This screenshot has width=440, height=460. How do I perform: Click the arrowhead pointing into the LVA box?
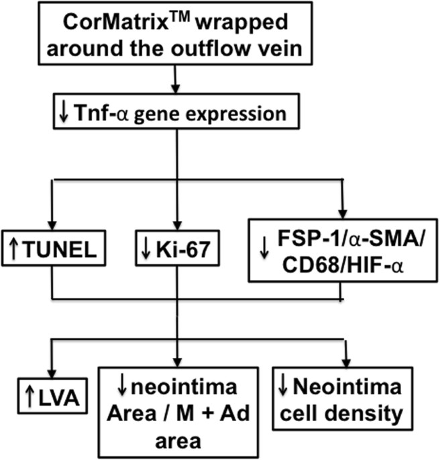pyautogui.click(x=50, y=377)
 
